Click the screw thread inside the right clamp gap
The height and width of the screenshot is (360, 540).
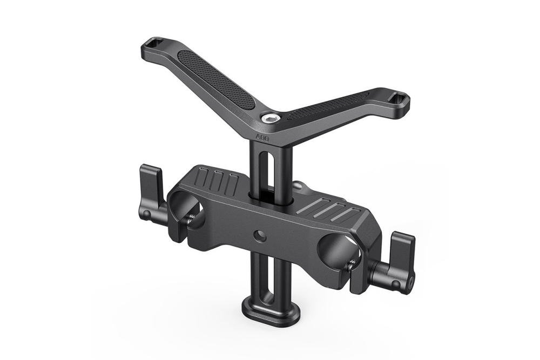tap(354, 265)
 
